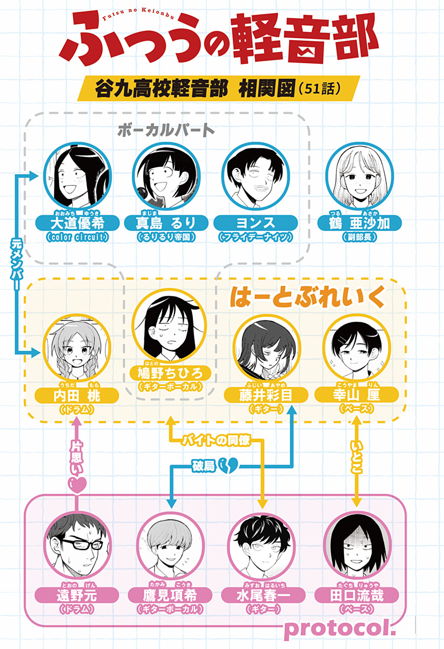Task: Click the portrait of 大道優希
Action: [77, 176]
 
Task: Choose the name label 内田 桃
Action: [77, 396]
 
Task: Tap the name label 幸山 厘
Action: [356, 395]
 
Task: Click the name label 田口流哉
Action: [356, 595]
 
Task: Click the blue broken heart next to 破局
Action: [231, 465]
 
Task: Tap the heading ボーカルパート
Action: [166, 130]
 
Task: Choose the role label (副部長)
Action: [358, 237]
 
